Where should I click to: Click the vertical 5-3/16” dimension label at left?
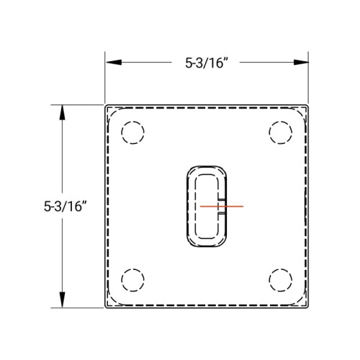tap(65, 206)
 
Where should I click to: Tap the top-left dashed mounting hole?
tap(133, 133)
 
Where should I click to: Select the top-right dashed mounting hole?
tap(281, 133)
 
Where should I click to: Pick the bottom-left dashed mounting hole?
tap(133, 279)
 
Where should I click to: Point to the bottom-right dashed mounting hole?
tap(281, 279)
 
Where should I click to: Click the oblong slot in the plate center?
tap(207, 206)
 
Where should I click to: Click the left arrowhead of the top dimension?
tap(112, 63)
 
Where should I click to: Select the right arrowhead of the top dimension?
tap(302, 63)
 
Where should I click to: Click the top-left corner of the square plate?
tap(107, 106)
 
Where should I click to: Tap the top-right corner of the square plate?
tap(308, 106)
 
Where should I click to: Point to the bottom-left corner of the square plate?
tap(107, 308)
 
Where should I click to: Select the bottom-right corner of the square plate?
tap(308, 308)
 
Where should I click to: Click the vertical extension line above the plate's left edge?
tap(106, 79)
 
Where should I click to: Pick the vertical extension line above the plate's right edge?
tap(309, 79)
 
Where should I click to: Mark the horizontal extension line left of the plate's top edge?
tap(79, 105)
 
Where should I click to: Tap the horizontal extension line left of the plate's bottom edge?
tap(79, 309)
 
